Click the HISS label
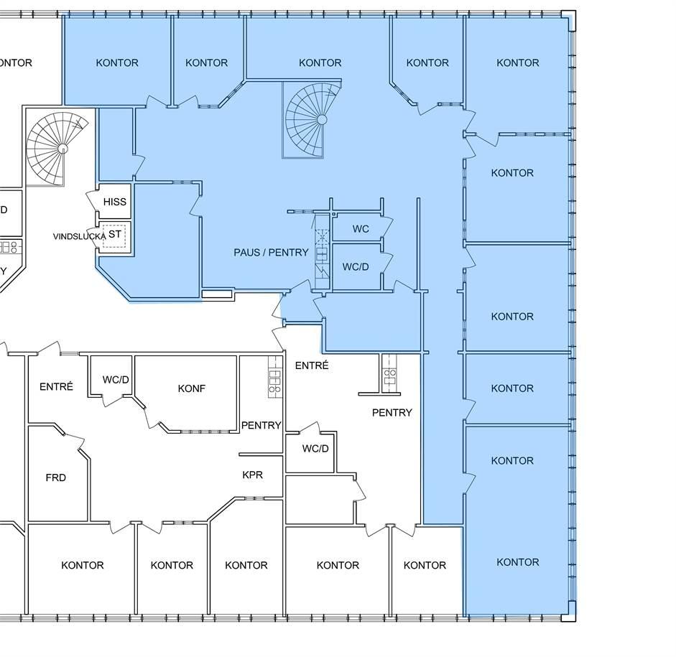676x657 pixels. [115, 202]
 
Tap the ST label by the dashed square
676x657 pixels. [115, 234]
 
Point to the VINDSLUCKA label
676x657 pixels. [79, 236]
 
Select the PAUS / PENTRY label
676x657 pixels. [271, 253]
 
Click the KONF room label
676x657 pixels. [191, 388]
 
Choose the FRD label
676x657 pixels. [55, 477]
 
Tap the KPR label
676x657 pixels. [253, 475]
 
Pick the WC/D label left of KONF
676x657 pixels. [116, 380]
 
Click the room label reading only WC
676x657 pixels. [361, 229]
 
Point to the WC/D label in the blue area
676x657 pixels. [356, 266]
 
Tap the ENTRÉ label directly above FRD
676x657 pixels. [57, 386]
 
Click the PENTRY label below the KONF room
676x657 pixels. [261, 425]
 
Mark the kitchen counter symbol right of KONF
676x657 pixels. [274, 376]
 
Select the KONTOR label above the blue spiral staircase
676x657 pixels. [320, 63]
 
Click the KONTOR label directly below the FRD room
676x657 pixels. [83, 565]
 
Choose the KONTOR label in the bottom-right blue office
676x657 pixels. [518, 562]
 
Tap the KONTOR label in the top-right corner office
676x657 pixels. [518, 63]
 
